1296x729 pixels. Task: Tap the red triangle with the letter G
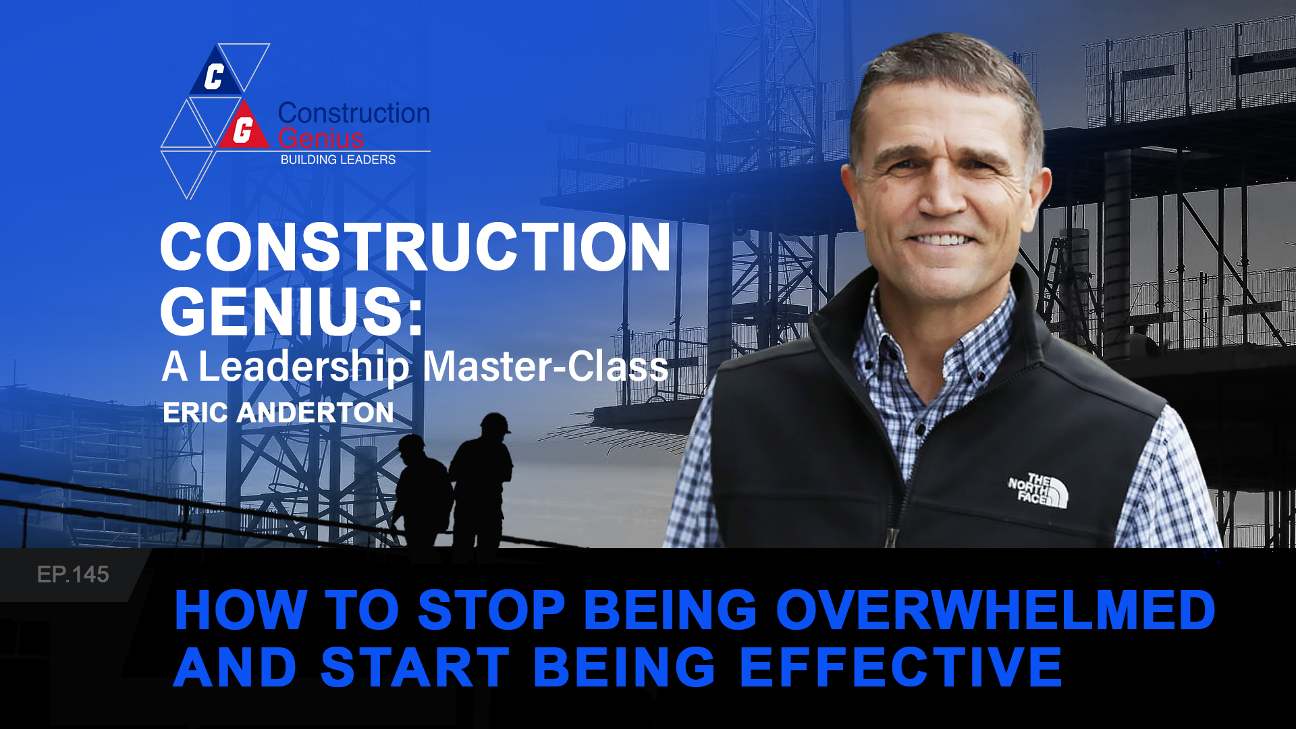pyautogui.click(x=243, y=128)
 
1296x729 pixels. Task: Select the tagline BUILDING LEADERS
pyautogui.click(x=337, y=160)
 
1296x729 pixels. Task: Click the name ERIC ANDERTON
pyautogui.click(x=278, y=412)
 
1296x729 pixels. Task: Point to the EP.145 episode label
pyautogui.click(x=73, y=574)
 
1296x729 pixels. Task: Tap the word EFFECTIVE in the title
pyautogui.click(x=901, y=667)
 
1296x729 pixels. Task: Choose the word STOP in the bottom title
pyautogui.click(x=491, y=610)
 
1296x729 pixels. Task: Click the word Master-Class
pyautogui.click(x=545, y=367)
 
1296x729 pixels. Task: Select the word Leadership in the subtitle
pyautogui.click(x=304, y=367)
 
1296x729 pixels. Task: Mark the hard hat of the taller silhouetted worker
pyautogui.click(x=495, y=423)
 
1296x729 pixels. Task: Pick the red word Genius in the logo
pyautogui.click(x=321, y=138)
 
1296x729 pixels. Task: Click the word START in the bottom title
pyautogui.click(x=414, y=667)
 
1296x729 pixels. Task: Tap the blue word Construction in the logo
pyautogui.click(x=354, y=113)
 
